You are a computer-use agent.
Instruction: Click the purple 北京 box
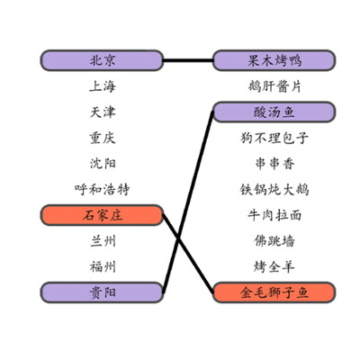pyautogui.click(x=102, y=60)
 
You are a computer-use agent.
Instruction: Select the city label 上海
pyautogui.click(x=103, y=86)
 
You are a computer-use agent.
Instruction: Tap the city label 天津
pyautogui.click(x=103, y=112)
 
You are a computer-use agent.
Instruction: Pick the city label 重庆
pyautogui.click(x=103, y=138)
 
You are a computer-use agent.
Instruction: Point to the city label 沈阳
pyautogui.click(x=103, y=164)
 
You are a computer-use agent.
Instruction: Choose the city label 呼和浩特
pyautogui.click(x=103, y=190)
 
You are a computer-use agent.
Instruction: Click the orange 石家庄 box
pyautogui.click(x=102, y=215)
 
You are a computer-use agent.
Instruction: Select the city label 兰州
pyautogui.click(x=103, y=241)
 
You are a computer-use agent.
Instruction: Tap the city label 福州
pyautogui.click(x=103, y=267)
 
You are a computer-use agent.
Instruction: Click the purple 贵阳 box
pyautogui.click(x=102, y=292)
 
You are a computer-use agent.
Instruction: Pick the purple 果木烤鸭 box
pyautogui.click(x=274, y=60)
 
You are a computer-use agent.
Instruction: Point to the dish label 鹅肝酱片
pyautogui.click(x=274, y=86)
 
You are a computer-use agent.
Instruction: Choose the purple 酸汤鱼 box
pyautogui.click(x=274, y=112)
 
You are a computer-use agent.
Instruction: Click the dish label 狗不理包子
pyautogui.click(x=274, y=138)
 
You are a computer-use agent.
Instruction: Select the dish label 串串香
pyautogui.click(x=274, y=164)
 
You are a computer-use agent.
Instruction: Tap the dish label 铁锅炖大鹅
pyautogui.click(x=274, y=190)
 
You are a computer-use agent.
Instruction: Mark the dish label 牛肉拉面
pyautogui.click(x=274, y=215)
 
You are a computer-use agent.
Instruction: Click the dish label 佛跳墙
pyautogui.click(x=274, y=241)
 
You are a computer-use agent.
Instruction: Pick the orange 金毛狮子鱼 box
pyautogui.click(x=274, y=292)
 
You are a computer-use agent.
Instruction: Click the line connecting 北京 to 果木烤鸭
pyautogui.click(x=188, y=60)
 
